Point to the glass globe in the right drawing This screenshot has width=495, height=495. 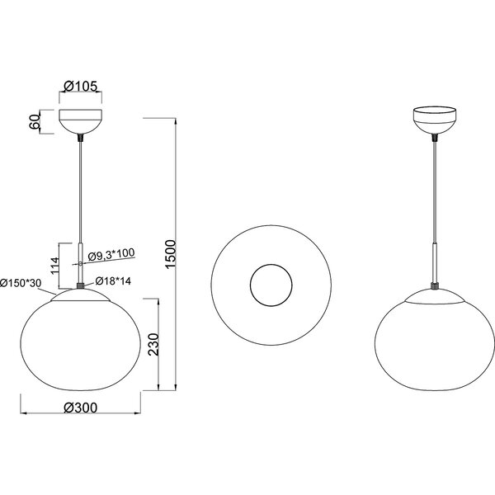point(433,338)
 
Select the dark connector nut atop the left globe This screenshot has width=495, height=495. point(80,285)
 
